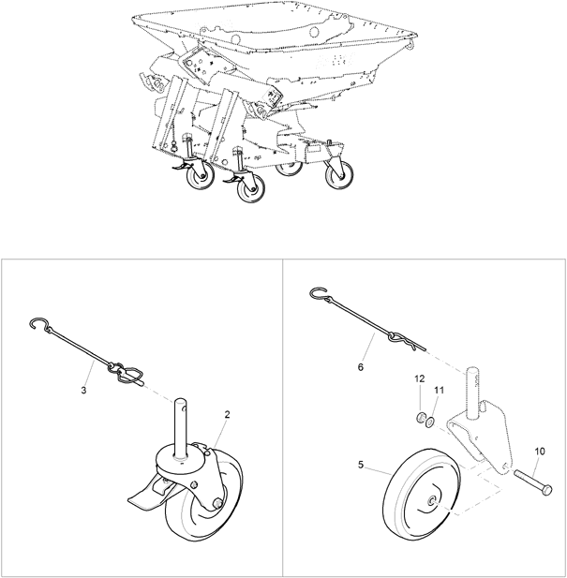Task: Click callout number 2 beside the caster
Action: coord(227,414)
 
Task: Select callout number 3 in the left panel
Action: coord(83,390)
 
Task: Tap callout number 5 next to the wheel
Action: coord(361,465)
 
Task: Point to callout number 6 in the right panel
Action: coord(361,367)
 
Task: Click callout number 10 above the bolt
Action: coord(540,452)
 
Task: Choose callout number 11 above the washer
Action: coord(440,390)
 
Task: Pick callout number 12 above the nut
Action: coord(420,378)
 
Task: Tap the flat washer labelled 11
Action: coord(430,422)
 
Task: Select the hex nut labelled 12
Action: coord(420,418)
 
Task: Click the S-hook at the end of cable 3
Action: coord(39,323)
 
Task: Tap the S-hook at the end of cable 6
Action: coord(320,294)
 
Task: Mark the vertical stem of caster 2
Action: coord(181,428)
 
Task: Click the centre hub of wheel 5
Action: coord(431,501)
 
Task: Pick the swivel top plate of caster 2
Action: coord(182,456)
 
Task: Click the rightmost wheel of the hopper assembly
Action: coord(340,175)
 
